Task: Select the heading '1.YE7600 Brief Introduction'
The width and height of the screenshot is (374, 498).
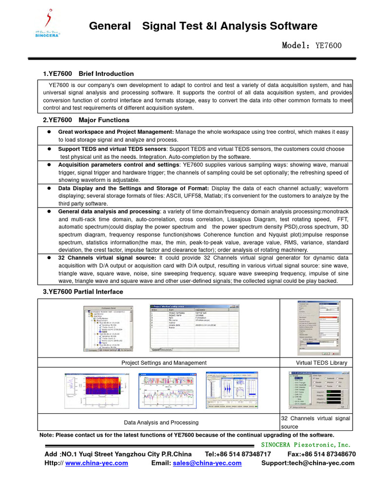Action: [88, 74]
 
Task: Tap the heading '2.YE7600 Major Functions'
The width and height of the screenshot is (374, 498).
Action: [86, 120]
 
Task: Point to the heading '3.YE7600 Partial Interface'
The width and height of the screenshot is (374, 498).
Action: [83, 292]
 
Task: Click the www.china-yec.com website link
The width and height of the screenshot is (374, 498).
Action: [96, 463]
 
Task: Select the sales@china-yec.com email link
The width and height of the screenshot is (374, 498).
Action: [207, 463]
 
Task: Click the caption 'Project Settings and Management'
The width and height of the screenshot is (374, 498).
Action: [164, 363]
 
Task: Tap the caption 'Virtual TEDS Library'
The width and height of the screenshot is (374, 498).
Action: [321, 363]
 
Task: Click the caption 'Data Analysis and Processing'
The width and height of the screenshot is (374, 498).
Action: [161, 423]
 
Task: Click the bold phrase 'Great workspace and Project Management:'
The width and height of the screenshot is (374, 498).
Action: [115, 132]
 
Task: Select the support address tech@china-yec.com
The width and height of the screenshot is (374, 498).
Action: [308, 463]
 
